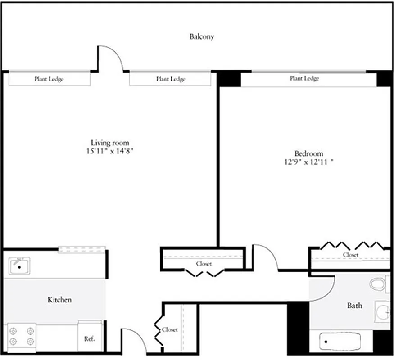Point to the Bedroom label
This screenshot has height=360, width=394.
tap(308, 153)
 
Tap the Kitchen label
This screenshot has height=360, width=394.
tap(59, 300)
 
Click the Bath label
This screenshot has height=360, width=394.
tap(354, 306)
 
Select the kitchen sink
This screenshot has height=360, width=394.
tap(19, 266)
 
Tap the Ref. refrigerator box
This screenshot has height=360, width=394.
tap(90, 338)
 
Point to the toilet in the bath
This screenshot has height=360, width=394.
tap(377, 284)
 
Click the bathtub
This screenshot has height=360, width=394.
tap(341, 342)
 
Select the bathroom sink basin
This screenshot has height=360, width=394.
tap(383, 311)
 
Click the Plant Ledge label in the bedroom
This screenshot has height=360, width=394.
tap(304, 78)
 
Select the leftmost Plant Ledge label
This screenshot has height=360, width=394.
tap(49, 79)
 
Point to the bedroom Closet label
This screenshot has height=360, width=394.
tap(350, 255)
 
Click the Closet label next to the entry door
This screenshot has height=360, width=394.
tap(170, 329)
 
